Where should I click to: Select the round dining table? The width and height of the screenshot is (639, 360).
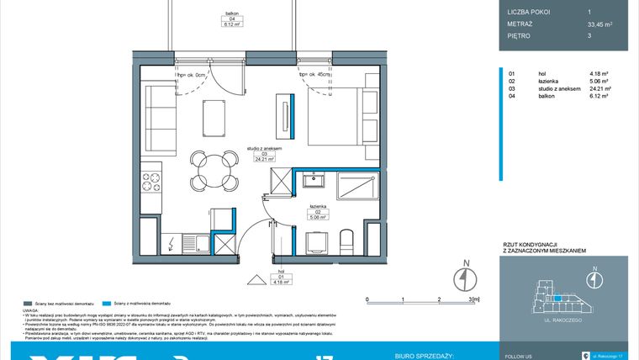coord(215,170)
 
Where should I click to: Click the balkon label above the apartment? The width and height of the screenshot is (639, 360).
coord(230,12)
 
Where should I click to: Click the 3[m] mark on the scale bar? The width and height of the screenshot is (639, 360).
coord(473,299)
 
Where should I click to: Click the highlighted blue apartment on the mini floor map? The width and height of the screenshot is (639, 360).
coord(556,297)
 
